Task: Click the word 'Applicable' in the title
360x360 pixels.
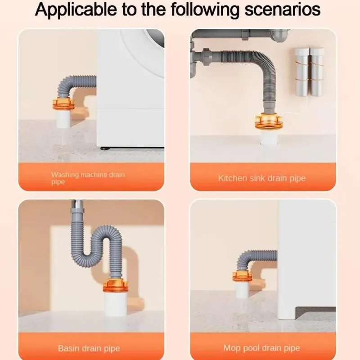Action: [76, 9]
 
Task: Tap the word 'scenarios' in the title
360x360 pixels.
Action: [283, 9]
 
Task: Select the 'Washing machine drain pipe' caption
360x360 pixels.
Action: [88, 178]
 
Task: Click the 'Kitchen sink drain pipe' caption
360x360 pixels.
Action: [262, 178]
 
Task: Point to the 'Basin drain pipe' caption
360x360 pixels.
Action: [89, 348]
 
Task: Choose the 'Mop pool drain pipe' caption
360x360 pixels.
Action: [262, 348]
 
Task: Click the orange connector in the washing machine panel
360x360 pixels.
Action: [63, 104]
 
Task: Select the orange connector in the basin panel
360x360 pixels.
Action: [115, 286]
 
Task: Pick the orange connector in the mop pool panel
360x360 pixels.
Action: [242, 276]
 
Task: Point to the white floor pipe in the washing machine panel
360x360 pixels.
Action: [63, 119]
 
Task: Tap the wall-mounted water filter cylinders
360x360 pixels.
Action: [309, 72]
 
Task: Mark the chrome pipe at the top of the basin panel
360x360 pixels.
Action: [77, 204]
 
